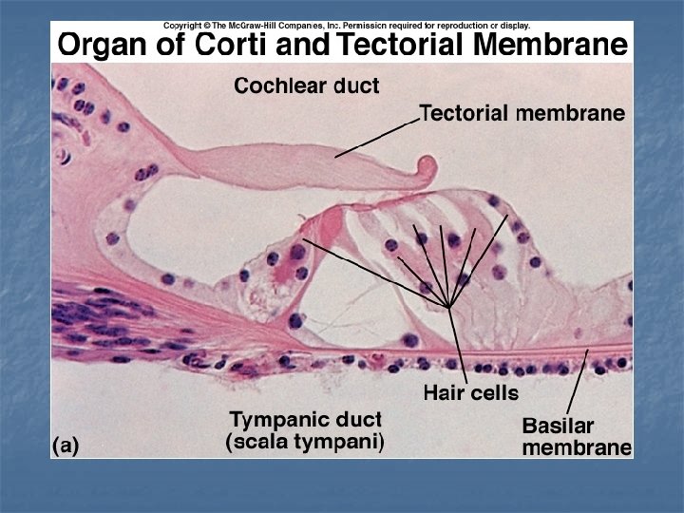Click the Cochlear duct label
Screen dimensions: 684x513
pos(307,86)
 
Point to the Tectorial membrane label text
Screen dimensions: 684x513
pos(522,114)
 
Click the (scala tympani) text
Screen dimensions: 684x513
pos(304,442)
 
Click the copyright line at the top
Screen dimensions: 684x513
pos(348,26)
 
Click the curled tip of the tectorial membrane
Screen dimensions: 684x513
pos(427,173)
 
